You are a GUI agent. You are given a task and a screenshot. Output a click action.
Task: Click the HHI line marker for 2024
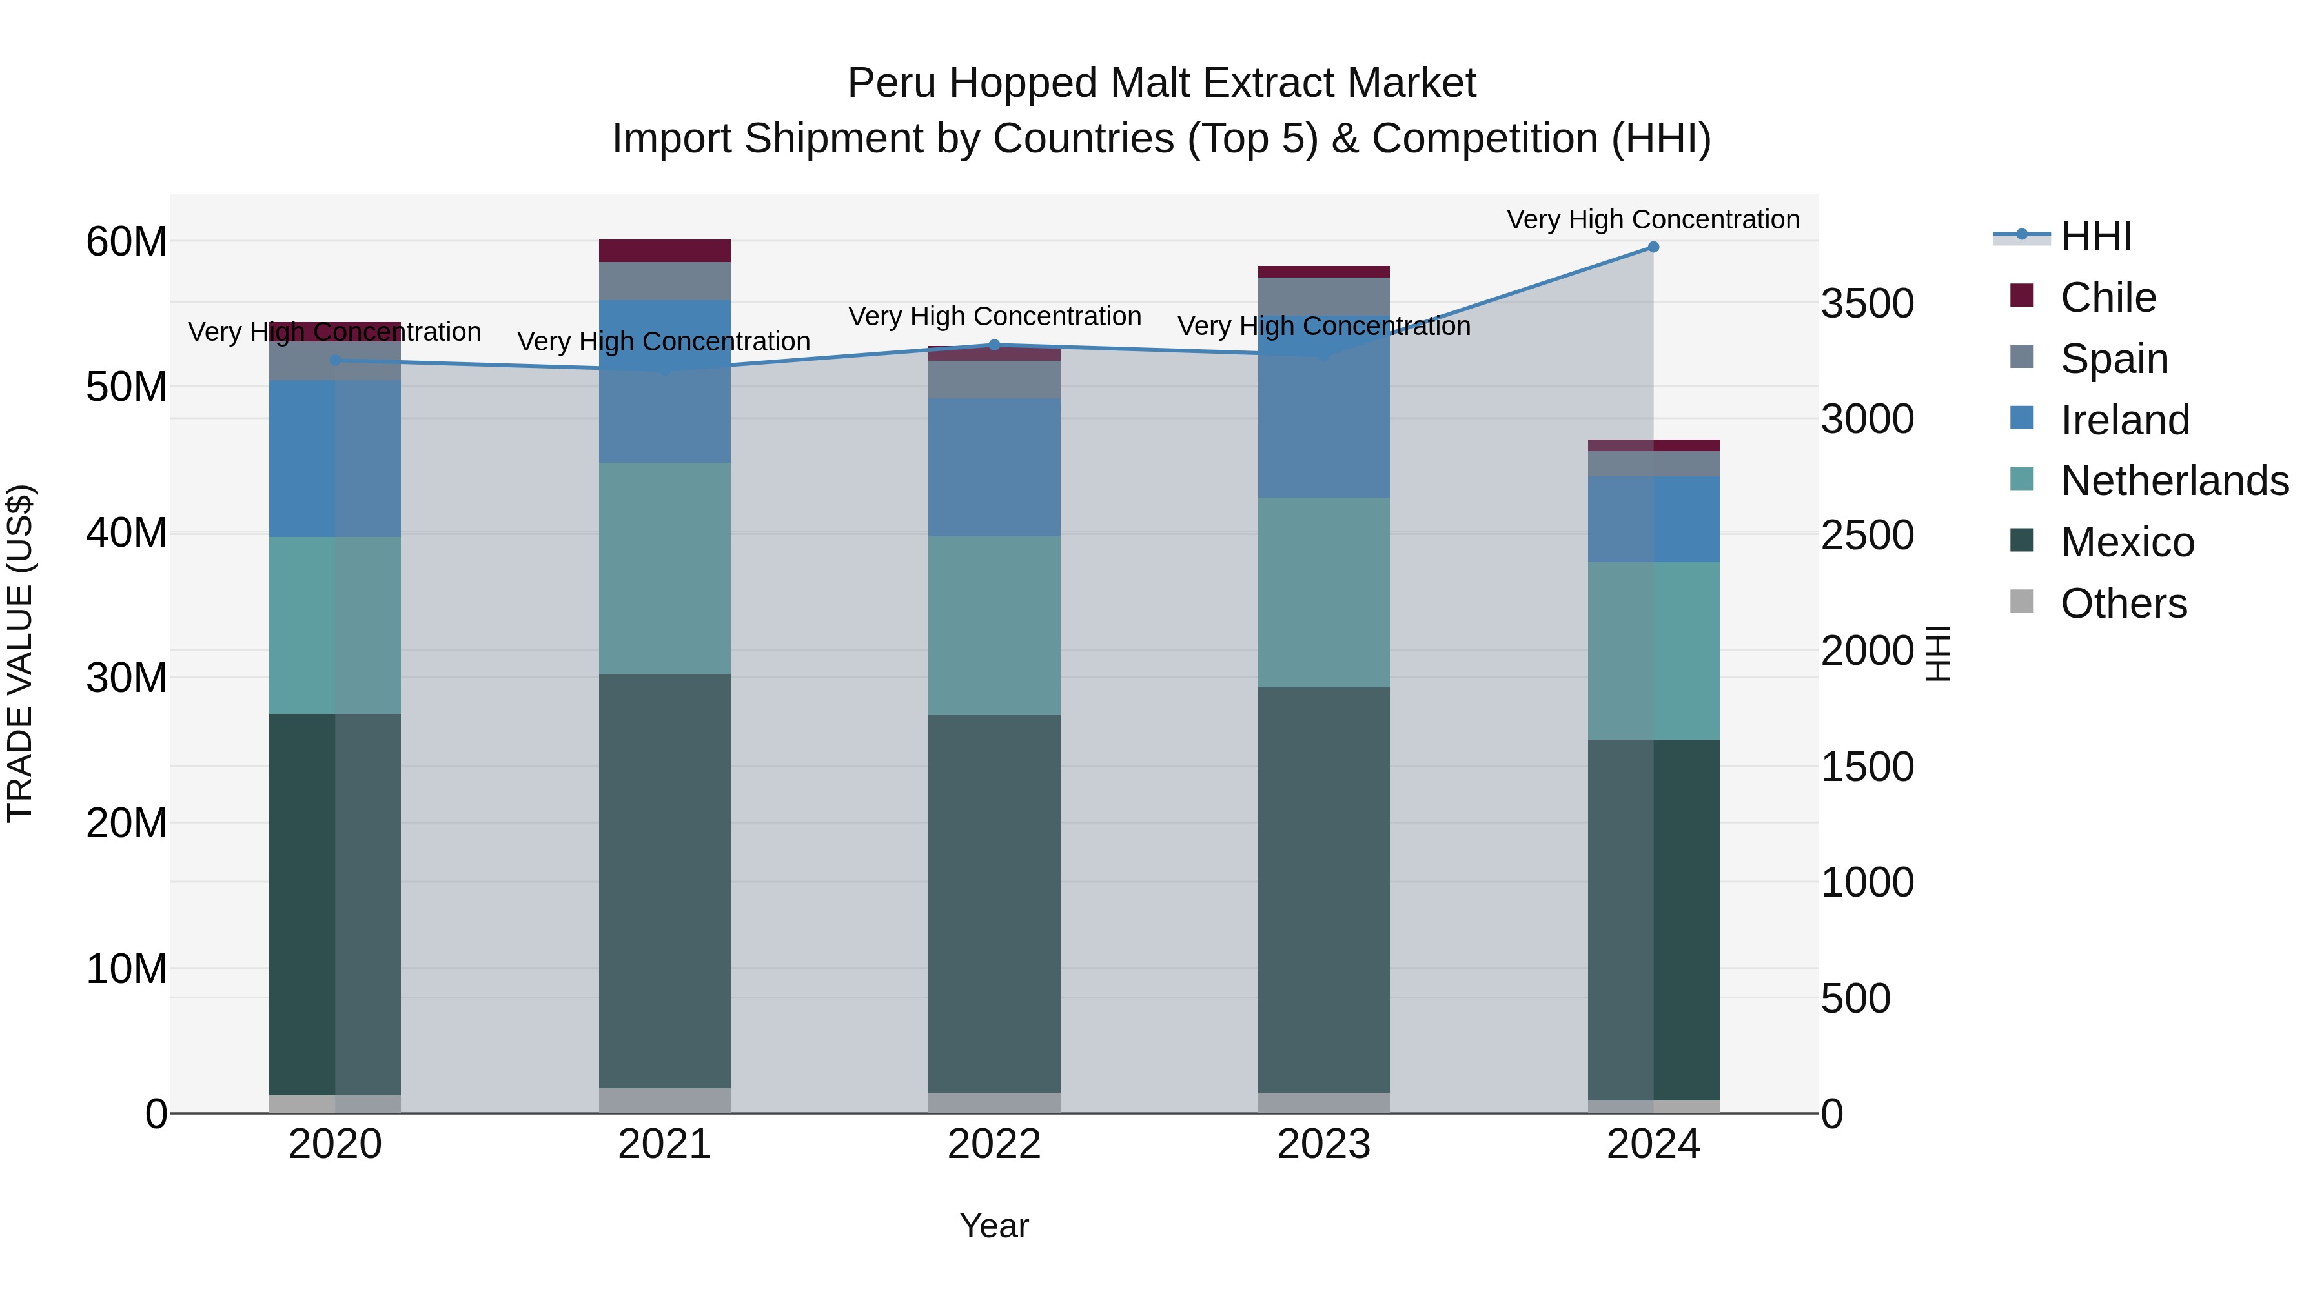1653,247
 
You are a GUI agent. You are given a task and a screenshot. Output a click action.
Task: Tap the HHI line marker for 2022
994,345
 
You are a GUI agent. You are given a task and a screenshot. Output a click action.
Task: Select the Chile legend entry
2108,297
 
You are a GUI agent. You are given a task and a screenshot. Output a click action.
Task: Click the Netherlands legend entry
2174,481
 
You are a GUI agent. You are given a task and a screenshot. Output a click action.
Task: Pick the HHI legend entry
2095,236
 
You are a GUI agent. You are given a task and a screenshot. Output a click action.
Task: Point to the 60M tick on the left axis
127,242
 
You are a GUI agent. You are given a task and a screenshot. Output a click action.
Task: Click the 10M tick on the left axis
127,969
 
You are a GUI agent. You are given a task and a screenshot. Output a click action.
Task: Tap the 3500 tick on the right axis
1866,303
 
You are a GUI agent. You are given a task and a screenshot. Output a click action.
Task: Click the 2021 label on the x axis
664,1144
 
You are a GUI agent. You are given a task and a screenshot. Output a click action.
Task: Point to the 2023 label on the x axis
1323,1144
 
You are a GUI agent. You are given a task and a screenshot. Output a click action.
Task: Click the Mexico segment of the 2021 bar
664,880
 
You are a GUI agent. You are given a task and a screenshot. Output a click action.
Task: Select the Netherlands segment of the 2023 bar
1323,592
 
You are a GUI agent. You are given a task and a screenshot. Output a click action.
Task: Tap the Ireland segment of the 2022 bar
994,467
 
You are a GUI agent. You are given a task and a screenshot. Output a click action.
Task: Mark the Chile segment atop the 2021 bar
664,250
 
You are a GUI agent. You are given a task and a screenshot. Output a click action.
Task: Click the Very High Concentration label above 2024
1653,219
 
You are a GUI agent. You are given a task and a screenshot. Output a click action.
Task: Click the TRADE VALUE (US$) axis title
20,653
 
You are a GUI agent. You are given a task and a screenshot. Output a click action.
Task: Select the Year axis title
994,1226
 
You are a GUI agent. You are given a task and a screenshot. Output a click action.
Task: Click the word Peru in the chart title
890,83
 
